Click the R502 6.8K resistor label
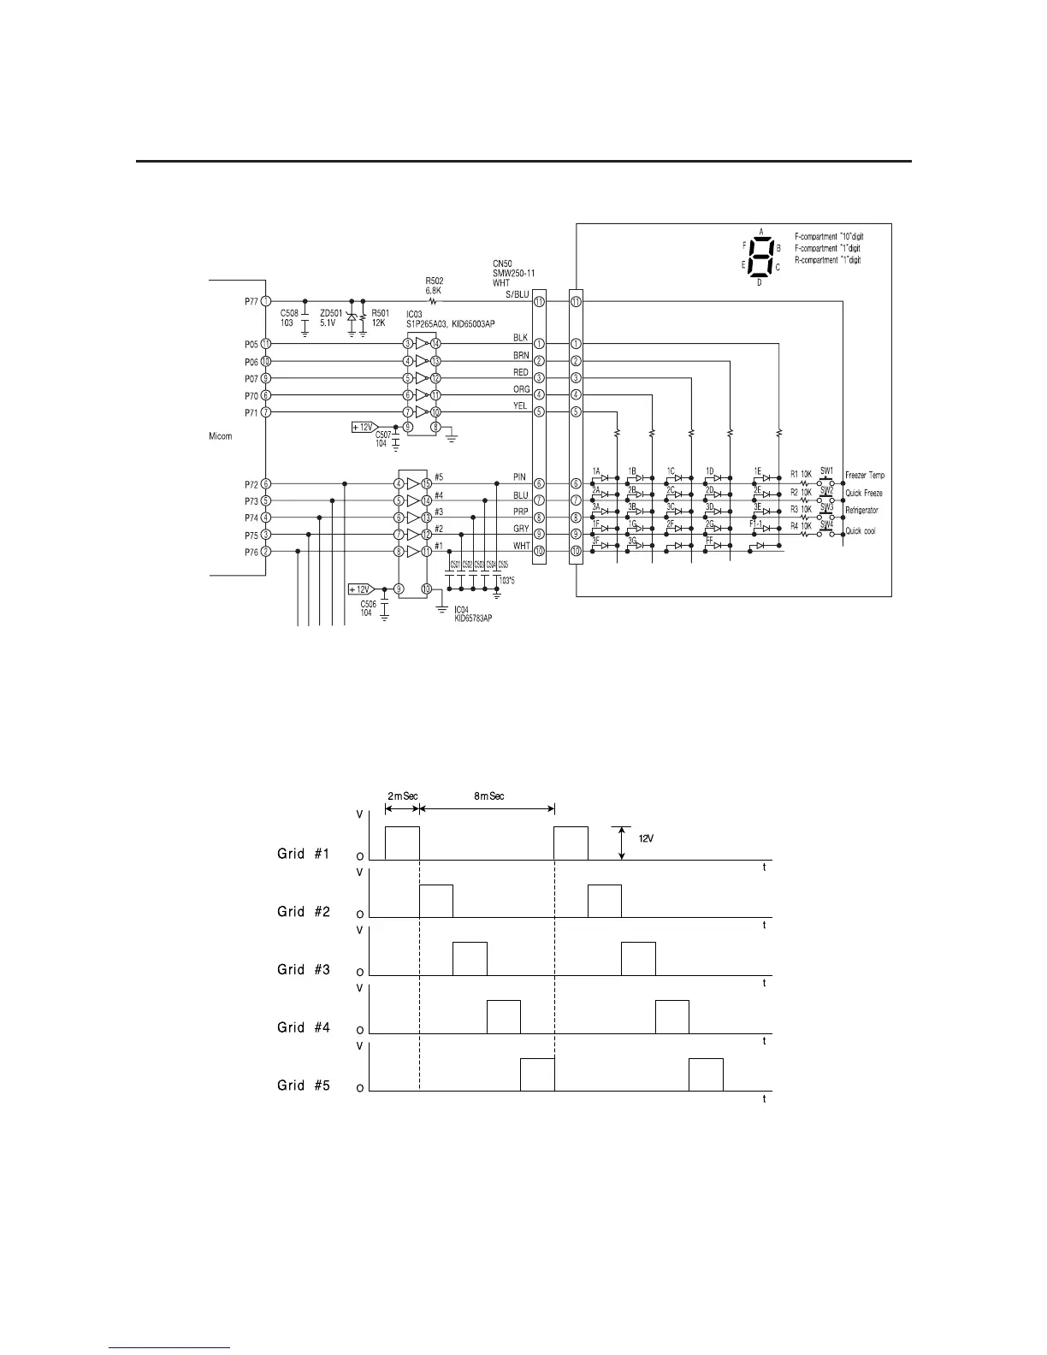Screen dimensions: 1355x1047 (435, 285)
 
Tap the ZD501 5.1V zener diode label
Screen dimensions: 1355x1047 (331, 318)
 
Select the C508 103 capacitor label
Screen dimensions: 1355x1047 (289, 318)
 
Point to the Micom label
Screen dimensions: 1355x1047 (221, 436)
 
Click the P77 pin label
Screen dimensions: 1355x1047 (251, 300)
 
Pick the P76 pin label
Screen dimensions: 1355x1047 (251, 552)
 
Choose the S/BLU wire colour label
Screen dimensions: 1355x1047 (518, 295)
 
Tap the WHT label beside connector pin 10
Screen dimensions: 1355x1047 (521, 546)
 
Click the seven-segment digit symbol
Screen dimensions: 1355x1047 (760, 256)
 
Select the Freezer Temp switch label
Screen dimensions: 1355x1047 (865, 476)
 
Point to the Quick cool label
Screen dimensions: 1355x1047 (861, 531)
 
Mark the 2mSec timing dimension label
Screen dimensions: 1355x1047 (402, 796)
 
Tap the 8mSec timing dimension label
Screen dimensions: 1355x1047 (489, 796)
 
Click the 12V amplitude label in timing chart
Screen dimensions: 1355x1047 (647, 838)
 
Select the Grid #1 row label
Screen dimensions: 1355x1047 (304, 854)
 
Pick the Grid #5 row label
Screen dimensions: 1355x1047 (304, 1086)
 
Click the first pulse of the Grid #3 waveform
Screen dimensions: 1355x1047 (470, 959)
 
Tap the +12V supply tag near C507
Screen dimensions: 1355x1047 (364, 426)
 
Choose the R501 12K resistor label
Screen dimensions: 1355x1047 (379, 318)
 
